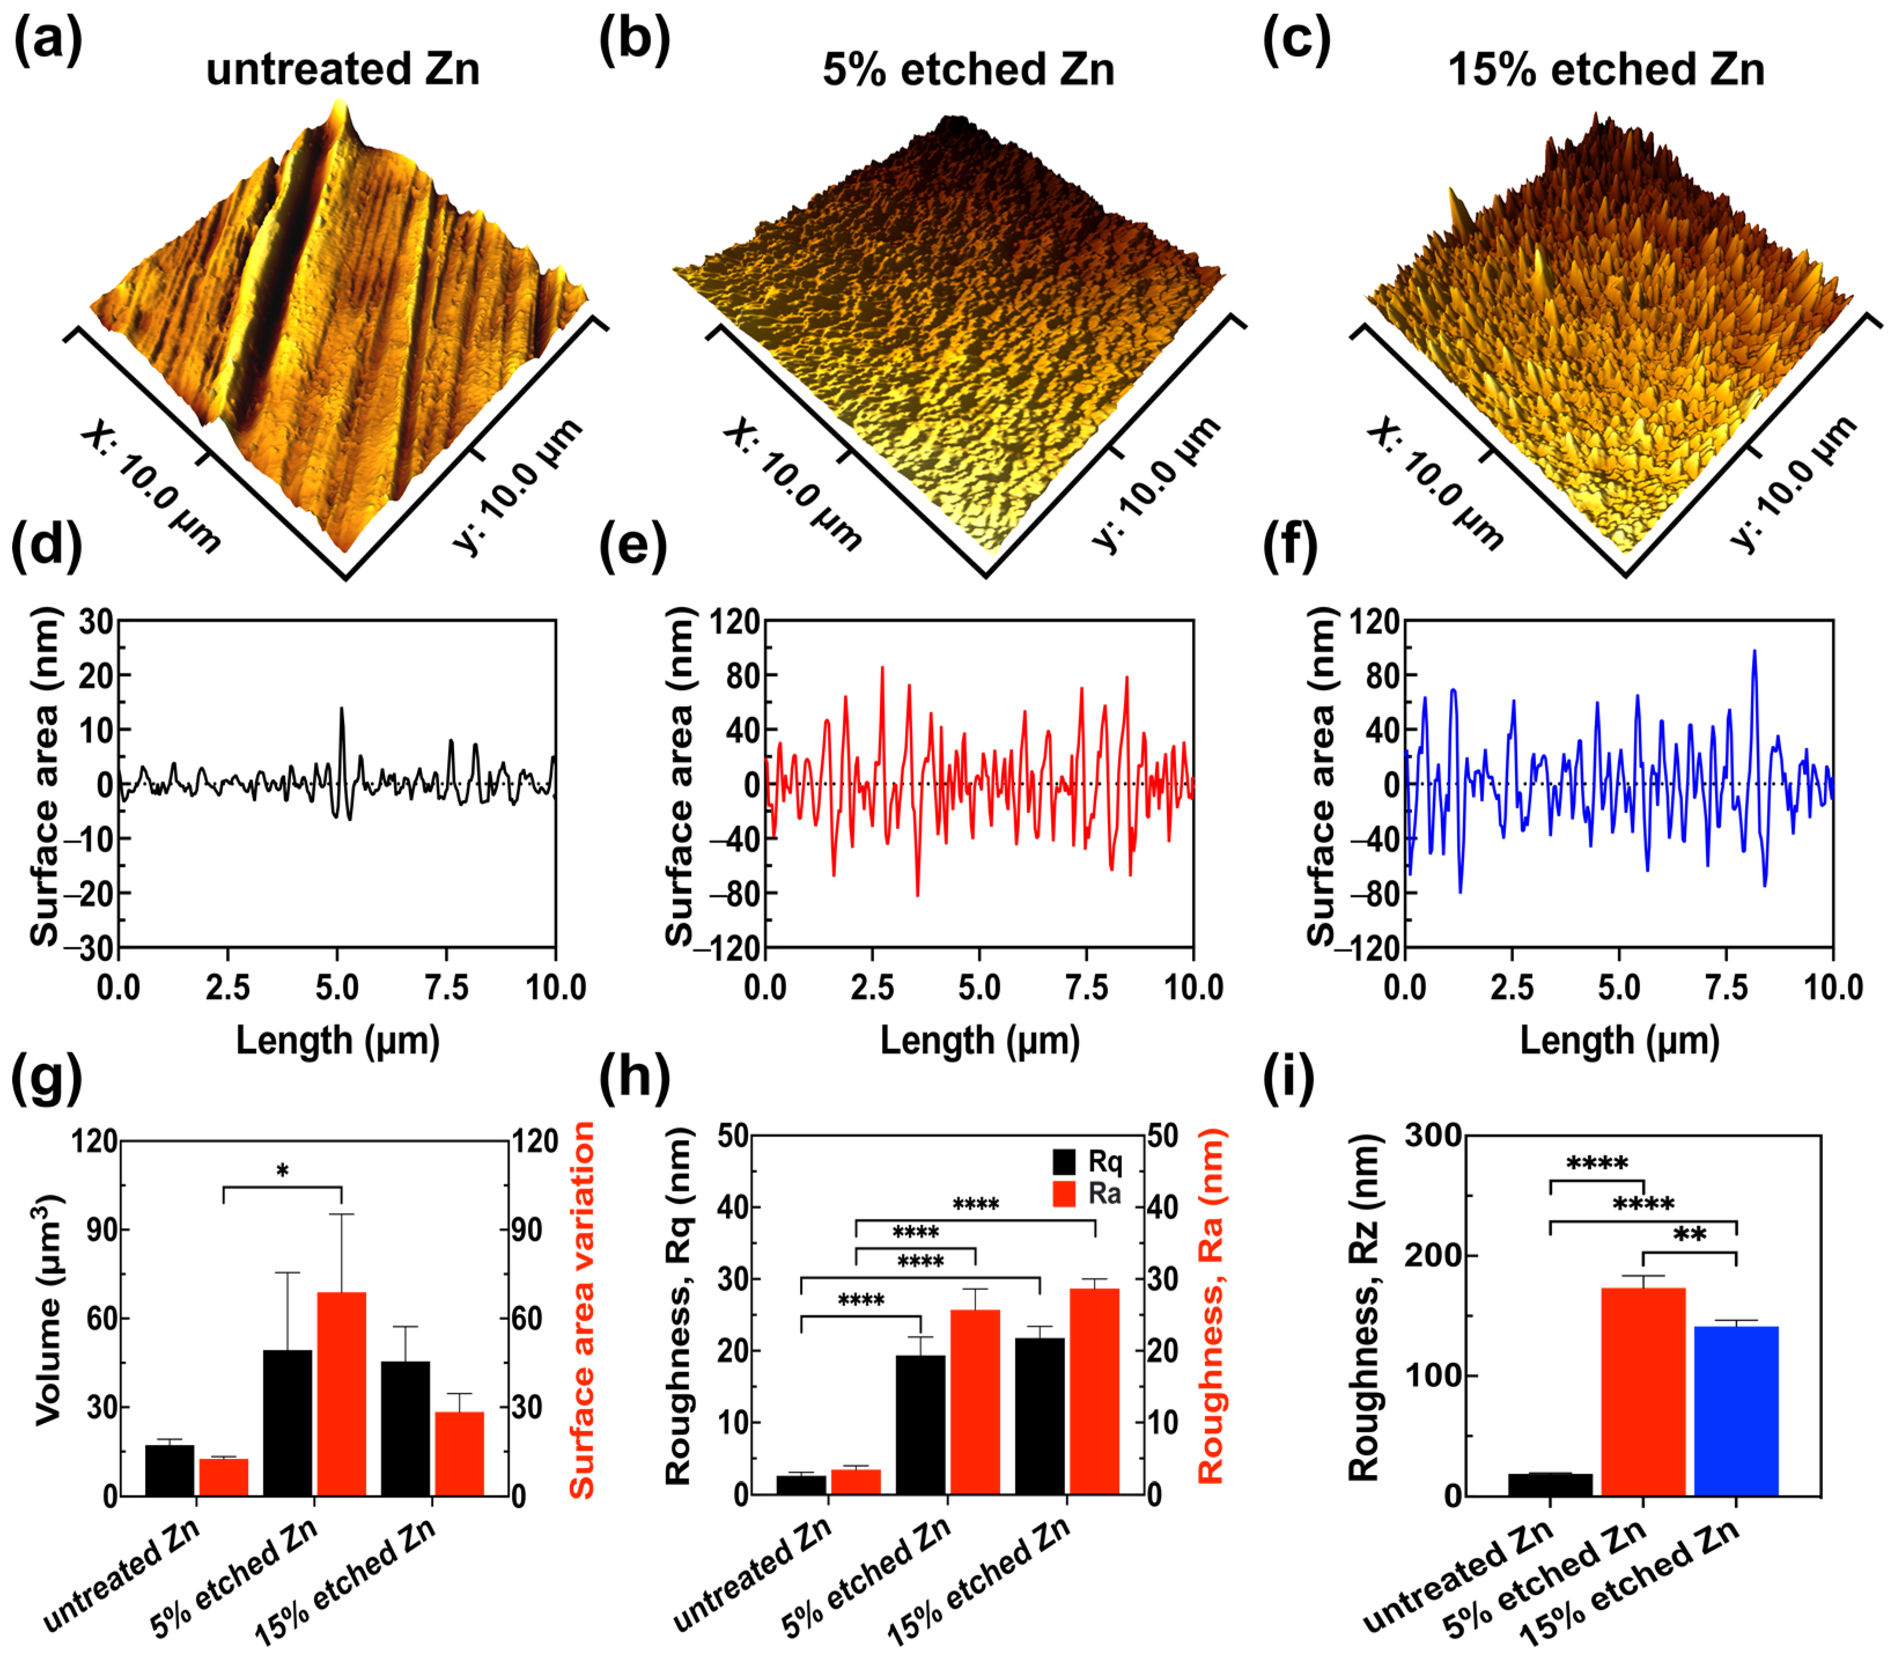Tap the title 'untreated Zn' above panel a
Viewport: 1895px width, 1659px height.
[342, 69]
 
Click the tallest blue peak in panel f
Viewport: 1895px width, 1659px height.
[1753, 652]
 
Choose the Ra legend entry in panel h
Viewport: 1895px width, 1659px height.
[1087, 1195]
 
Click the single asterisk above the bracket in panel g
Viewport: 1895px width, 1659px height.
[282, 1172]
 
